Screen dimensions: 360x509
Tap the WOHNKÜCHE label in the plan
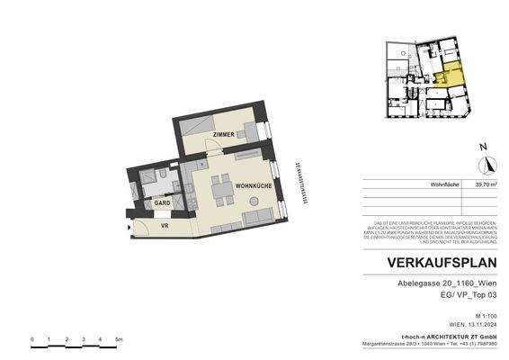click(254, 184)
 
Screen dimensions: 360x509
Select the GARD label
click(162, 203)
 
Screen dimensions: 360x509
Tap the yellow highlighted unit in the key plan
click(451, 71)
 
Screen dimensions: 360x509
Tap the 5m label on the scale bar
click(118, 339)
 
